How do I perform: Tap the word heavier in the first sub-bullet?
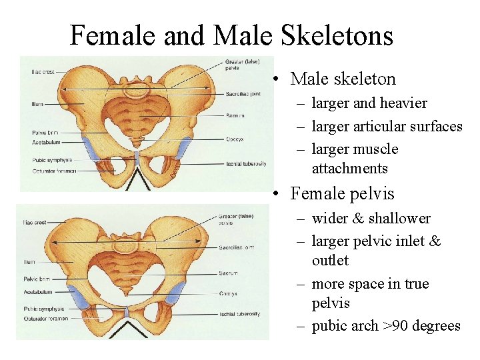[403, 103]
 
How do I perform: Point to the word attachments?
[349, 168]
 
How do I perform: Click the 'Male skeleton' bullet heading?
[343, 79]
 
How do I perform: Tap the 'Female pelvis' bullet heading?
[343, 195]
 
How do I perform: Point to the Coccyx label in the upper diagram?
[235, 139]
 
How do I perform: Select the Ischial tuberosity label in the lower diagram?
[239, 314]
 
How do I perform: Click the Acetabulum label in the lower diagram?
[38, 291]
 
